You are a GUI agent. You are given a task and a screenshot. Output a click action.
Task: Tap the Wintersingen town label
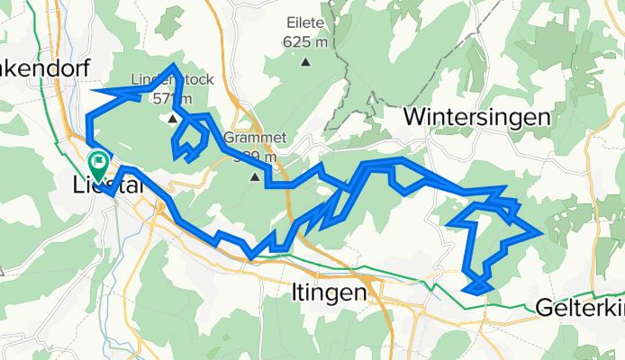[x=476, y=117]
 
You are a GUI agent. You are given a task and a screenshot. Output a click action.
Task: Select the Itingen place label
[x=330, y=292]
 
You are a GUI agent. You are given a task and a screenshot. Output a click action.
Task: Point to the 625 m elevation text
[x=306, y=42]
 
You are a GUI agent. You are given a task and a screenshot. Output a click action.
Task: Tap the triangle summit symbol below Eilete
[x=306, y=62]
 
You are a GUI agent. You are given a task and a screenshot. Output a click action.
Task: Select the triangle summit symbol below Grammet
[x=255, y=176]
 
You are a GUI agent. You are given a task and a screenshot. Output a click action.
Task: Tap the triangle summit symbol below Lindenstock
[x=171, y=116]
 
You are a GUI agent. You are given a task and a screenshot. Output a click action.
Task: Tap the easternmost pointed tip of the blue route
[x=539, y=231]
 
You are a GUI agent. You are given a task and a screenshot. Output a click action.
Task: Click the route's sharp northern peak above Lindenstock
[x=172, y=66]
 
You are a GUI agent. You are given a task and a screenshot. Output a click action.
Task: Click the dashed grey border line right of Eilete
[x=340, y=54]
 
